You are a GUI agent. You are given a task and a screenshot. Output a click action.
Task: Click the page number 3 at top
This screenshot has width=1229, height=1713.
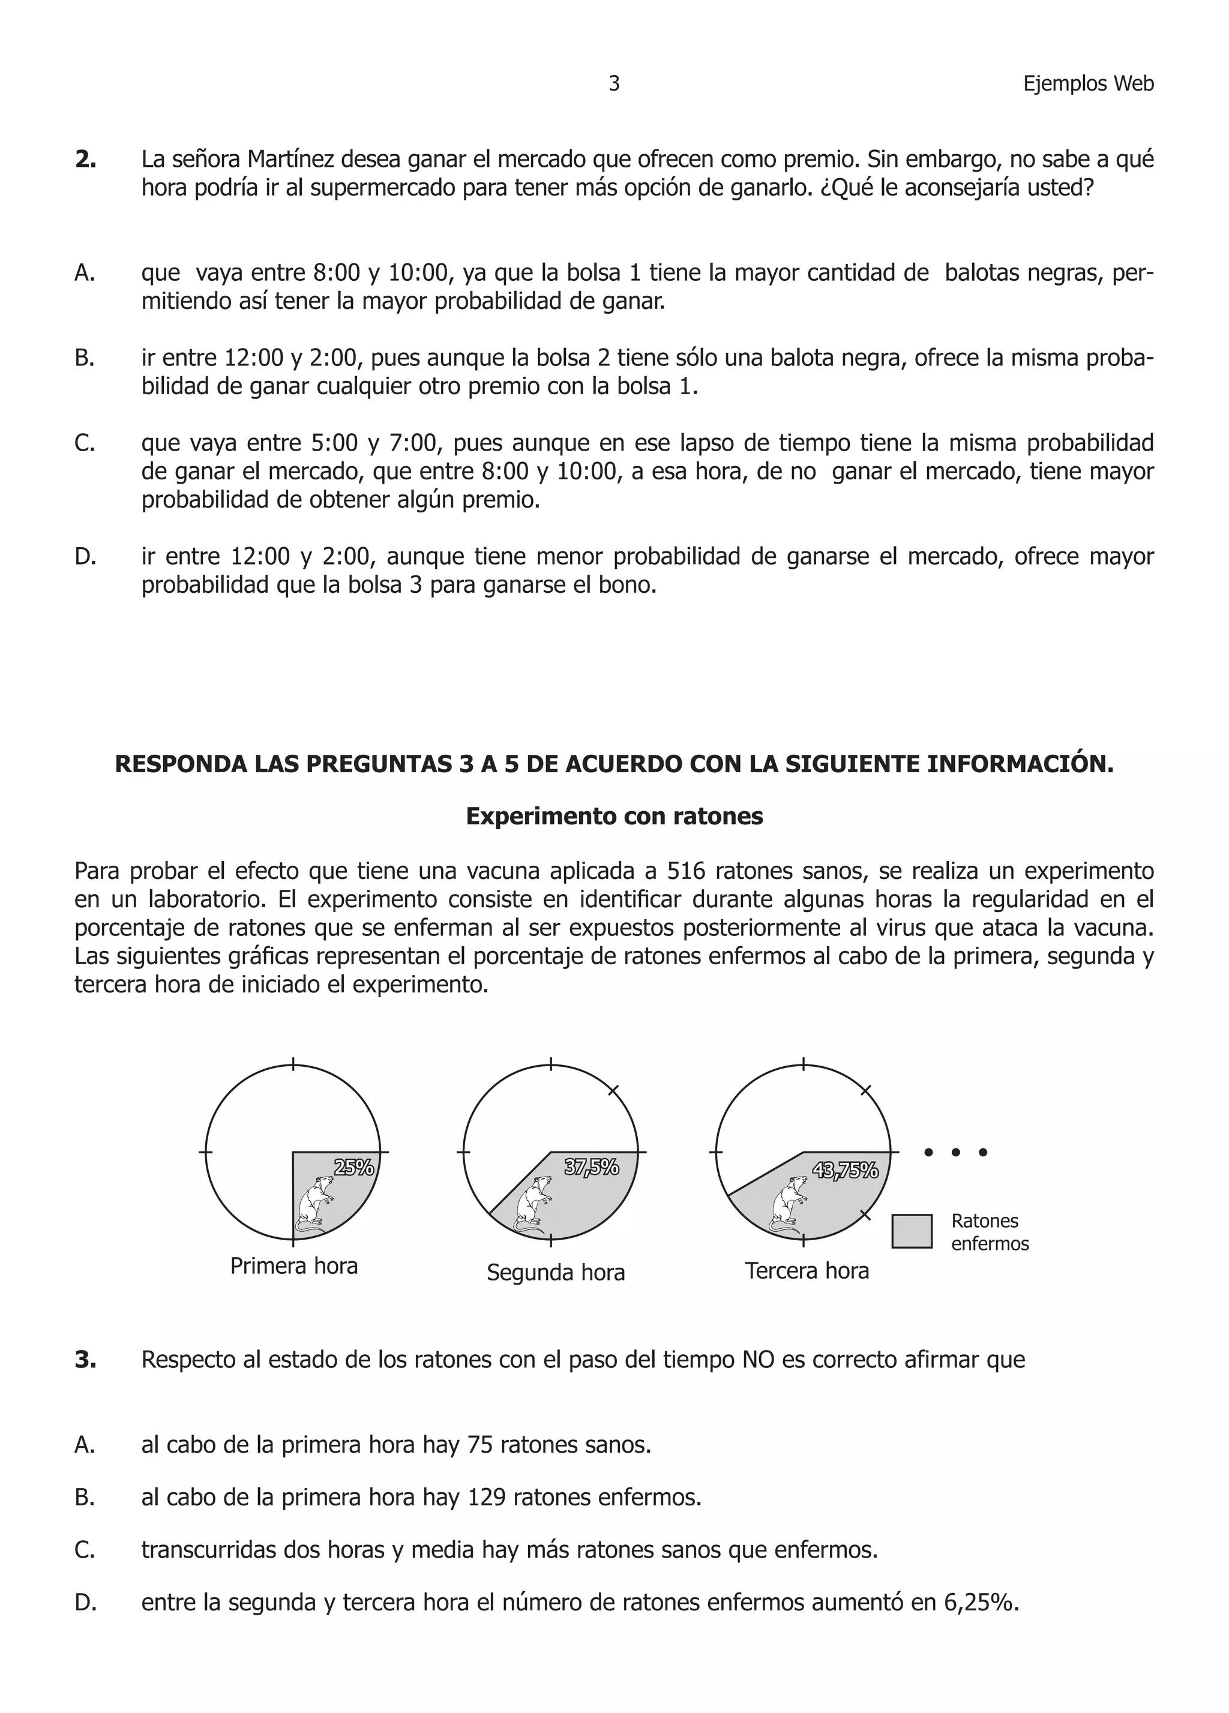(613, 84)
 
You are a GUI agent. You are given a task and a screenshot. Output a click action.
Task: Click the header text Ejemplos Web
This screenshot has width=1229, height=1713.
(1088, 84)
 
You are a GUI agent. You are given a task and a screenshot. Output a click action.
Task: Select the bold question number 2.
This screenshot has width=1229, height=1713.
(85, 160)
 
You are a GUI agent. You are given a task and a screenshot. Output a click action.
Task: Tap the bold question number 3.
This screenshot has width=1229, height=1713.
(85, 1360)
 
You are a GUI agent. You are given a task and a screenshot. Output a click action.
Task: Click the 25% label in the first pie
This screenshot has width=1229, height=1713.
(353, 1167)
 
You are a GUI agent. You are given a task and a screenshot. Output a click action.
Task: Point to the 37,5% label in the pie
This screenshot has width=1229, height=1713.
(592, 1167)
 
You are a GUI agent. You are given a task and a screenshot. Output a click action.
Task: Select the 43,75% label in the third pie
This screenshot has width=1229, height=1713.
(846, 1170)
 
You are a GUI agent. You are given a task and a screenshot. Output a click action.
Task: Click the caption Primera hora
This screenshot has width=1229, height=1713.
(294, 1265)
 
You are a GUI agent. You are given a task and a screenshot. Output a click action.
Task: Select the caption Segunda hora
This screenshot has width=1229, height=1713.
(555, 1273)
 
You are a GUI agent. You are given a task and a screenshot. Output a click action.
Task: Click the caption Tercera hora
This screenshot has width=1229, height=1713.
(807, 1270)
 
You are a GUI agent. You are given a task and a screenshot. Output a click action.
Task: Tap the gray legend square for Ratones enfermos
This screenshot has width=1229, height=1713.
(911, 1231)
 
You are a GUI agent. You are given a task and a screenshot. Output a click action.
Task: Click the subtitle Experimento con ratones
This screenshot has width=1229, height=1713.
(614, 817)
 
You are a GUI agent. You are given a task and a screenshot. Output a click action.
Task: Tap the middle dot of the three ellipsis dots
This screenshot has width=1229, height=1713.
(955, 1153)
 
